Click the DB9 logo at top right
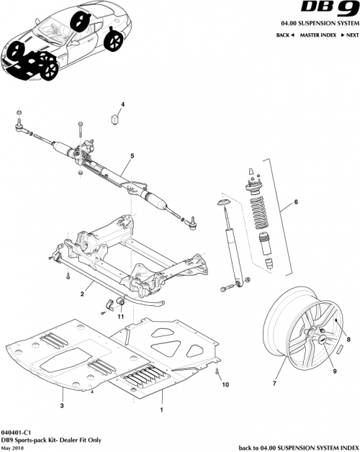328,10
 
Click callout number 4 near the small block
122,105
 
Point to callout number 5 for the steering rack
132,156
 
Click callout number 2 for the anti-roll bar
83,294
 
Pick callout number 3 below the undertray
63,406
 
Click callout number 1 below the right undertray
161,409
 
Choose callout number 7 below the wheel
273,384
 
